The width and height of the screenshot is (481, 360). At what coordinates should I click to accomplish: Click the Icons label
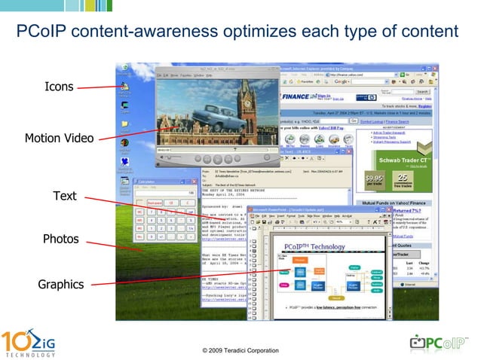coord(59,87)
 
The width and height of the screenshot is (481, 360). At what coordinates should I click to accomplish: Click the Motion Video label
coord(59,138)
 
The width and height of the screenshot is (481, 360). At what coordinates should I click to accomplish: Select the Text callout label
coord(65,196)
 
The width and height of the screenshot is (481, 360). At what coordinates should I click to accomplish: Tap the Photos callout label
coord(60,239)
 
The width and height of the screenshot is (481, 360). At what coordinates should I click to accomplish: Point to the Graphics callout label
coord(61,284)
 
